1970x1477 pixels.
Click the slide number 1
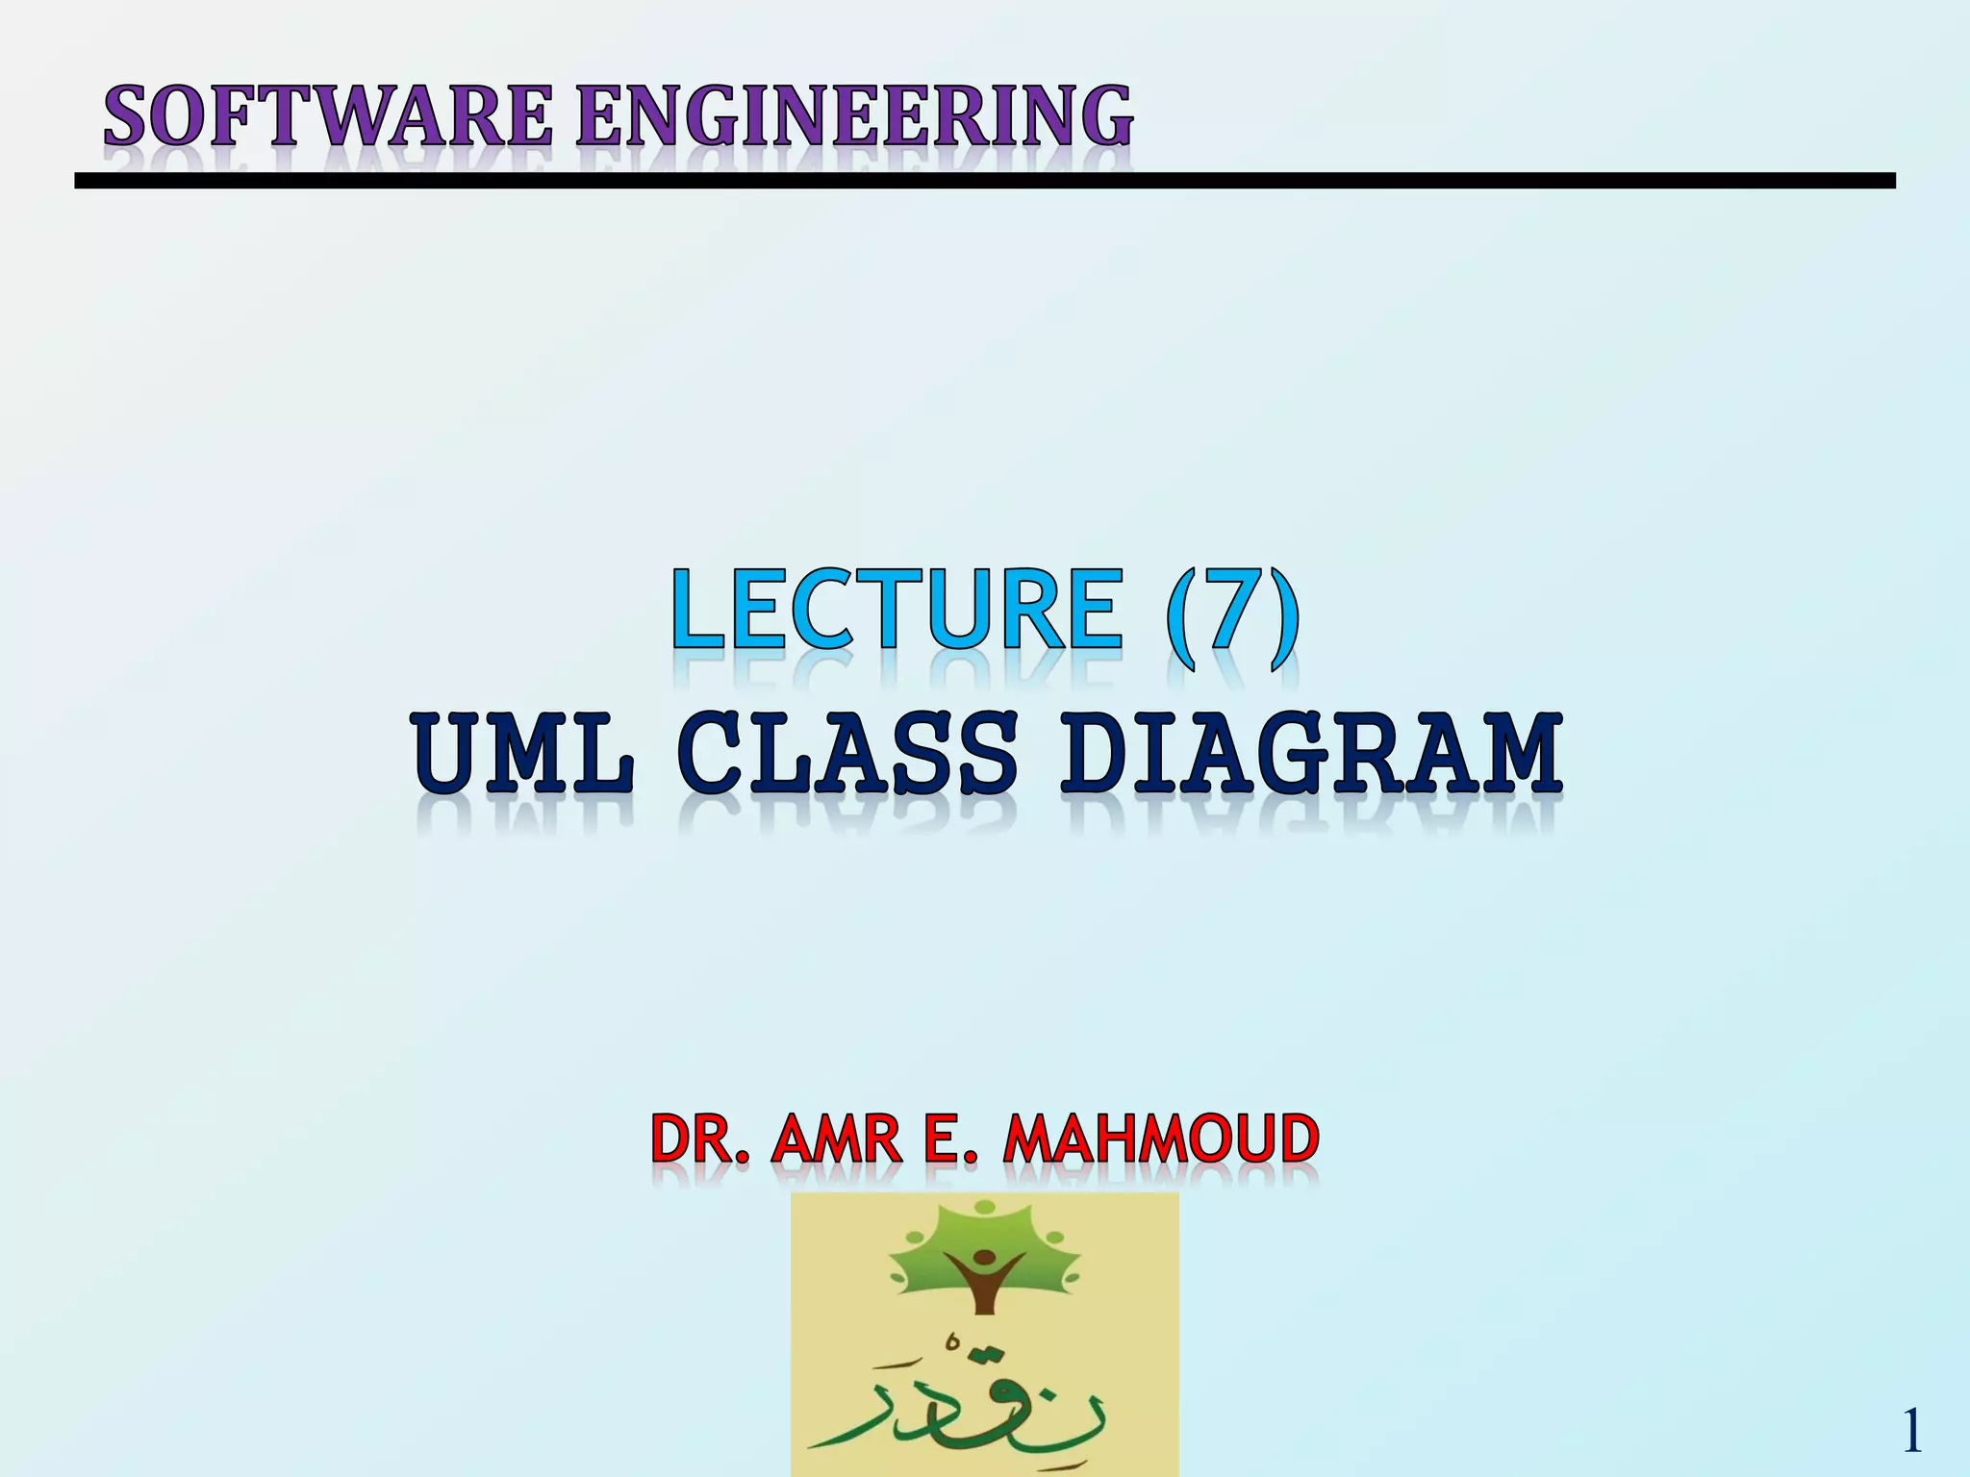pyautogui.click(x=1912, y=1432)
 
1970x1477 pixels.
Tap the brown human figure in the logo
pyautogui.click(x=983, y=1284)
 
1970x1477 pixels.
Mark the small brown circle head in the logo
pyautogui.click(x=984, y=1257)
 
